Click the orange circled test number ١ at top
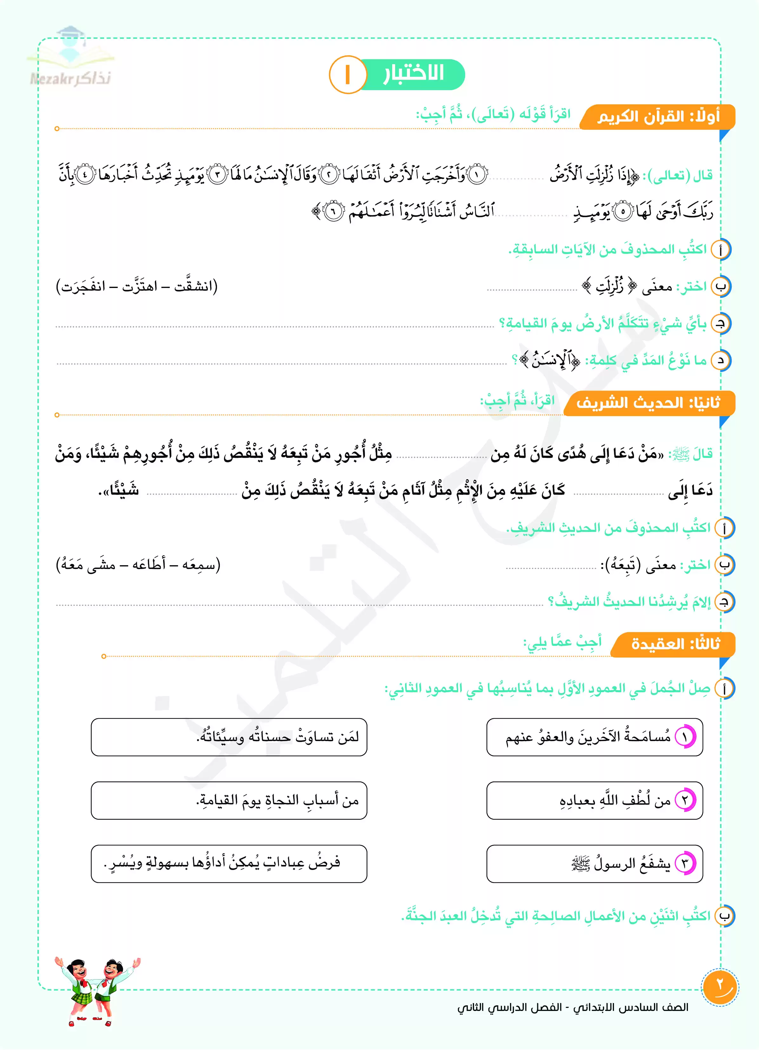[347, 75]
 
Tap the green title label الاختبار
[413, 74]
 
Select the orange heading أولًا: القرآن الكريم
[658, 117]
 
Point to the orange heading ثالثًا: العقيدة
[675, 644]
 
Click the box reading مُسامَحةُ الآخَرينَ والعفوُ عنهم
[594, 737]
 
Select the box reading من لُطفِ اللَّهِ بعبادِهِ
[594, 800]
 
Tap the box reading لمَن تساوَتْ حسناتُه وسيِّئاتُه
[229, 737]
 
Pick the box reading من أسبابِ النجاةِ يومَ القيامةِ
[229, 800]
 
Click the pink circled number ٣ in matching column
[685, 863]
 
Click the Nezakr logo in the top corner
[70, 58]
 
